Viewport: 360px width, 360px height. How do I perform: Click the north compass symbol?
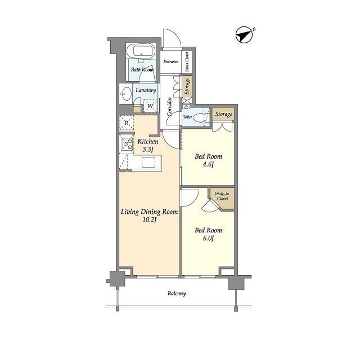(x=245, y=35)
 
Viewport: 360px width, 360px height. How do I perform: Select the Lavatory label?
(x=146, y=91)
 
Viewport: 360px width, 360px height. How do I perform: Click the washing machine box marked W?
(x=151, y=106)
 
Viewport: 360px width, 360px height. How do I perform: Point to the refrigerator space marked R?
(x=127, y=123)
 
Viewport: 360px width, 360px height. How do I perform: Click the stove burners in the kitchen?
(x=127, y=145)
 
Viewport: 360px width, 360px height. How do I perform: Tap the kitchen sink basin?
(x=148, y=163)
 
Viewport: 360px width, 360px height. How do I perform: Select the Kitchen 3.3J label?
(x=148, y=145)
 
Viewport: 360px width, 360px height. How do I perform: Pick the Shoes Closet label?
(x=187, y=62)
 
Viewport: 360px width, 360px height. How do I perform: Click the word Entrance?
(x=170, y=61)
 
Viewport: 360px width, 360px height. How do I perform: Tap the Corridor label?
(x=169, y=106)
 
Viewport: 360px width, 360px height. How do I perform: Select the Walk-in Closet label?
(x=222, y=196)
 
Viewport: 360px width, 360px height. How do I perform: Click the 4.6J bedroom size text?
(x=208, y=165)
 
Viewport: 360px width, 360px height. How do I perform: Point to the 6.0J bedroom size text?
(x=208, y=238)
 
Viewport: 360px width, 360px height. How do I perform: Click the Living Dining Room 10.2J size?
(x=149, y=220)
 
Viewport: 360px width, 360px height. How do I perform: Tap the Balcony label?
(x=177, y=294)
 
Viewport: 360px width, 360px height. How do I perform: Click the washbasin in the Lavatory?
(x=125, y=94)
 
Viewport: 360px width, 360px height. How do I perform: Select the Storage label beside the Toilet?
(x=224, y=114)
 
